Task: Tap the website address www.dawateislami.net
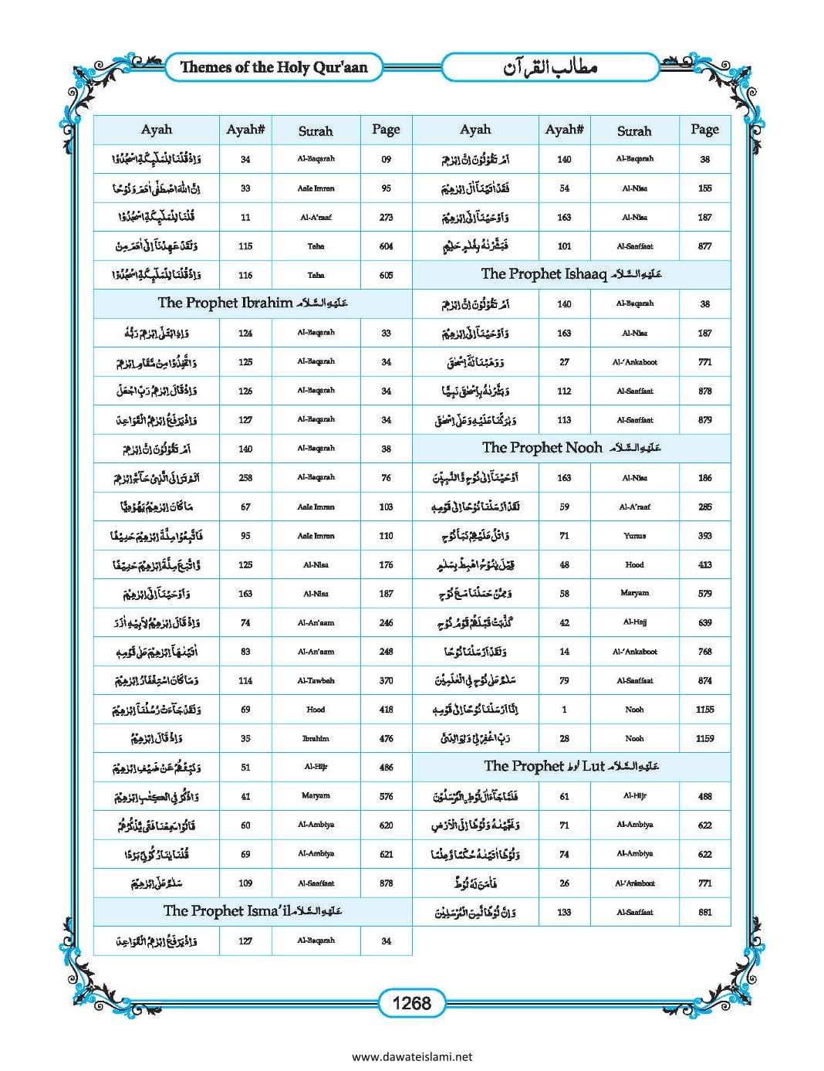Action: [x=411, y=1057]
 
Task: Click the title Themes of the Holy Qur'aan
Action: [x=274, y=67]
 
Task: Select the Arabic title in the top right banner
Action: [x=551, y=67]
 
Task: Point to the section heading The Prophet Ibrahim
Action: [x=252, y=303]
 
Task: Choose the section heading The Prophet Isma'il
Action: [x=252, y=911]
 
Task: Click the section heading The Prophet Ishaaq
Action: [x=571, y=274]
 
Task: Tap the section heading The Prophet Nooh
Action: [x=571, y=448]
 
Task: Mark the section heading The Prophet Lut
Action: [x=571, y=766]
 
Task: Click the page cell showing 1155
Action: [x=704, y=709]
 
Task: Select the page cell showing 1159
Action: [x=704, y=738]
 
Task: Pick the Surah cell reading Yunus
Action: [x=634, y=535]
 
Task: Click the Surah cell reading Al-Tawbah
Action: [x=316, y=680]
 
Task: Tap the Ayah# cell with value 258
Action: [x=245, y=477]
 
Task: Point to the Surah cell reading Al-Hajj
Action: [x=634, y=622]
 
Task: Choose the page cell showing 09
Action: [x=386, y=159]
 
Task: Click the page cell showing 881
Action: [x=704, y=912]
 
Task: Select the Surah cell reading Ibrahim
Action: [x=316, y=738]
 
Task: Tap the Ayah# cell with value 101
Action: [x=564, y=246]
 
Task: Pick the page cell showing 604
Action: [x=386, y=246]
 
